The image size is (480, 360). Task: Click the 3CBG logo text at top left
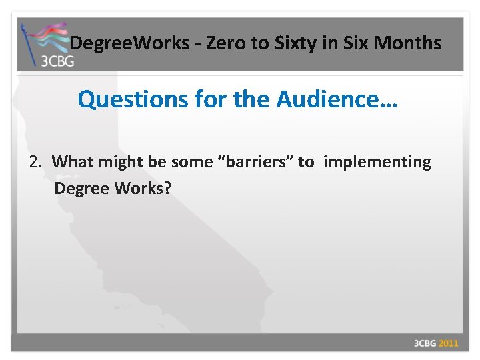click(x=57, y=61)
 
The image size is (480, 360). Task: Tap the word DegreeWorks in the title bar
click(x=129, y=44)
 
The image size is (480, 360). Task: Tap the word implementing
click(x=377, y=162)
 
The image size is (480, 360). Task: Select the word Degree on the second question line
click(x=81, y=188)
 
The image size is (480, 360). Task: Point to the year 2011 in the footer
click(x=448, y=343)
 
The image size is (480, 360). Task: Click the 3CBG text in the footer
click(x=425, y=343)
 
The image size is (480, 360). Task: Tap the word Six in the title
click(x=348, y=44)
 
